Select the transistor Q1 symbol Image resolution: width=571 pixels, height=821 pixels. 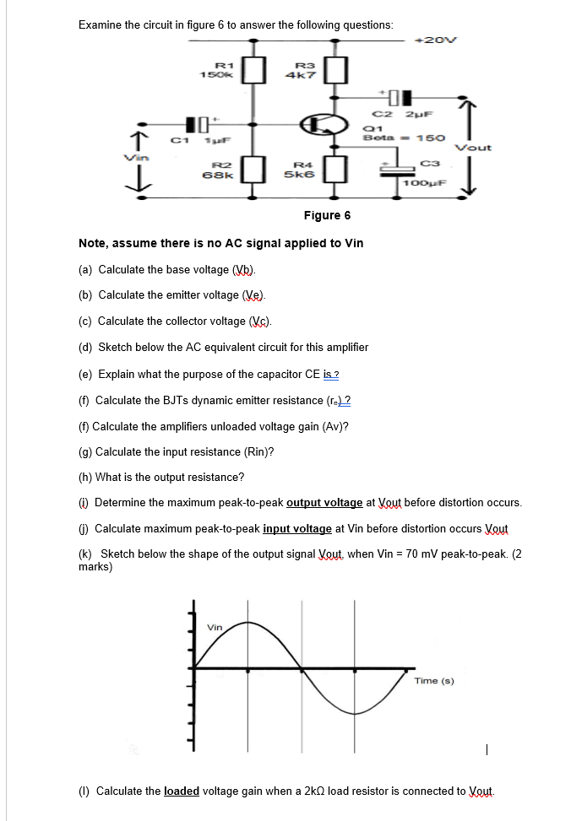(324, 125)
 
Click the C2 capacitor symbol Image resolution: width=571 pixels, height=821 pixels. (396, 96)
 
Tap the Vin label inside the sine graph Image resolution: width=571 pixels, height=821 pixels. (215, 627)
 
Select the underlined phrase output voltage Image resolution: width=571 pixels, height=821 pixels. (324, 503)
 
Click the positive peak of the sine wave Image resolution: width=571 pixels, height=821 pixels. (247, 623)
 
